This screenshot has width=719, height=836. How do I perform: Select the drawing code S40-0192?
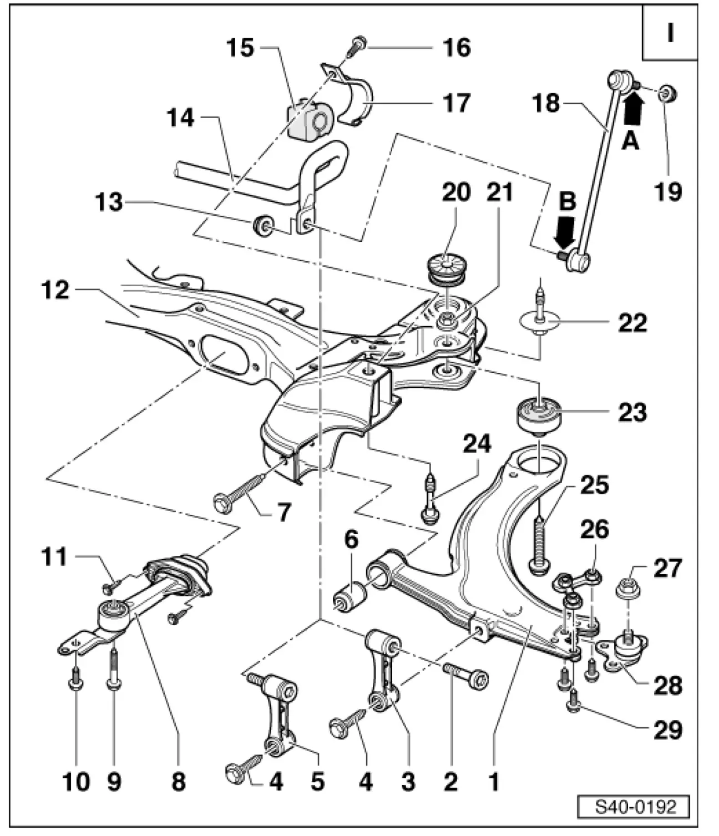[x=636, y=806]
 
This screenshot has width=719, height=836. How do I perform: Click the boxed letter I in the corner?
[x=670, y=33]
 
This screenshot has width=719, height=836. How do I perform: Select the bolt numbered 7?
[x=237, y=492]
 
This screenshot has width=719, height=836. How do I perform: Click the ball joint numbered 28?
[x=626, y=651]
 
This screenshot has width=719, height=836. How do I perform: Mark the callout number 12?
[x=55, y=290]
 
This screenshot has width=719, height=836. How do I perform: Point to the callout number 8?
[x=178, y=782]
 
